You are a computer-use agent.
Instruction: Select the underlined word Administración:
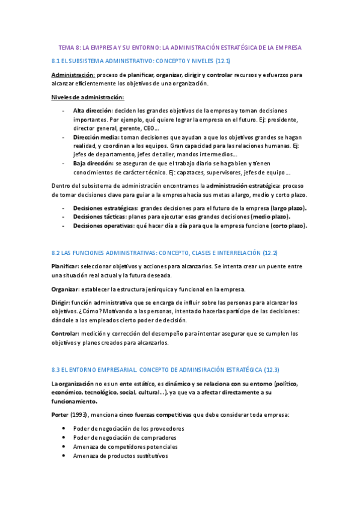pyautogui.click(x=73, y=75)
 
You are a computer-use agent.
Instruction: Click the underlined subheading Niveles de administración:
pyautogui.click(x=88, y=97)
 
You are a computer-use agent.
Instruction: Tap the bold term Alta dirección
pyautogui.click(x=93, y=111)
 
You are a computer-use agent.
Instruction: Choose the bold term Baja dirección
pyautogui.click(x=93, y=163)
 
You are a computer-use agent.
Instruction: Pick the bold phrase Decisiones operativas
pyautogui.click(x=103, y=226)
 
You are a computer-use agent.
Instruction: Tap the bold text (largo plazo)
pyautogui.click(x=288, y=208)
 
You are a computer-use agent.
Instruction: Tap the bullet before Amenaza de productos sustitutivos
pyautogui.click(x=64, y=456)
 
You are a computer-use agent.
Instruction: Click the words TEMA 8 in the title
pyautogui.click(x=69, y=47)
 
